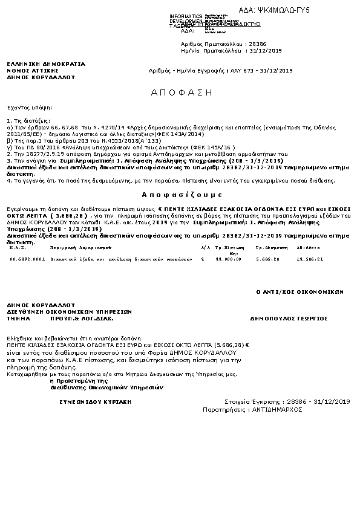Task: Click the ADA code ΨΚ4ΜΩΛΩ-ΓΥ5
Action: [287, 11]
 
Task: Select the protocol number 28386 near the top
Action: [257, 45]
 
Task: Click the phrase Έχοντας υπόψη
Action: [24, 105]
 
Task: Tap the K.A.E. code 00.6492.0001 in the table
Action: [28, 259]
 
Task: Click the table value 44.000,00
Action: [225, 259]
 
